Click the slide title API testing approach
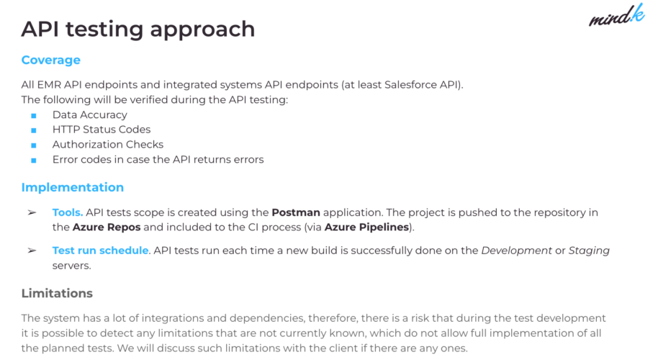[138, 29]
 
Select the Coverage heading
[50, 60]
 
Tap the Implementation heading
[72, 187]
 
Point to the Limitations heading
[57, 293]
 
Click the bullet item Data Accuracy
[89, 114]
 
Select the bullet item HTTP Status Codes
[101, 130]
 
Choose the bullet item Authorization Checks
[107, 145]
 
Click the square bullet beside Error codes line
[33, 160]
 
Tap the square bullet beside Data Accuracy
[33, 115]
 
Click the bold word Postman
[295, 213]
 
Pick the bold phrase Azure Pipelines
[366, 228]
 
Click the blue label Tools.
[68, 213]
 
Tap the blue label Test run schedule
[100, 251]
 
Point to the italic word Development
[515, 251]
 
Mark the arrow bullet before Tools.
[32, 213]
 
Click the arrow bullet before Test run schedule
[32, 251]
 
